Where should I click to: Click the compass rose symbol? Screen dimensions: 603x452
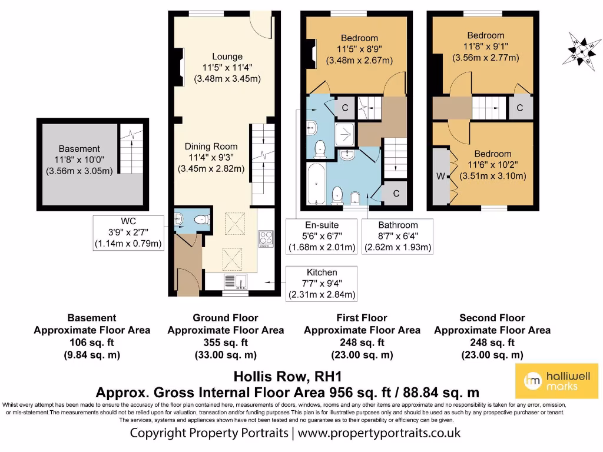tap(582, 52)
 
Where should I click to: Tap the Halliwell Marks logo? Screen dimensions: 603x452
tap(557, 381)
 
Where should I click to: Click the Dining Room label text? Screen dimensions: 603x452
tap(211, 147)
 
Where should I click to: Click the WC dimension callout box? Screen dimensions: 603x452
tap(128, 233)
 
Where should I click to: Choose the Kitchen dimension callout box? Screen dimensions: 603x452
tap(322, 284)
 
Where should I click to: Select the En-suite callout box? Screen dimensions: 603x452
tap(322, 237)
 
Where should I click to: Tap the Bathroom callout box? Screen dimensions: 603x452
tap(398, 237)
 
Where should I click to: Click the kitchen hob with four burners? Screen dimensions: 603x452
tap(266, 238)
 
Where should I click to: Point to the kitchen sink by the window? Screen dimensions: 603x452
tap(236, 282)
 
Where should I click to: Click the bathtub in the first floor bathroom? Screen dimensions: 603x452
tap(316, 184)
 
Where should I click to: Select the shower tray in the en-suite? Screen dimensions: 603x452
tap(344, 135)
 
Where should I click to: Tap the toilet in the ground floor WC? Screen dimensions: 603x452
tap(202, 220)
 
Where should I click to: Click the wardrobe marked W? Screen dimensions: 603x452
tap(441, 177)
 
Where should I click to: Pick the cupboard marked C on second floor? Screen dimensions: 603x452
tap(521, 108)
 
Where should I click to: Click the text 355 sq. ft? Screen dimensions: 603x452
tap(226, 343)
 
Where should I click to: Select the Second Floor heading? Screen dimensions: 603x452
tap(492, 318)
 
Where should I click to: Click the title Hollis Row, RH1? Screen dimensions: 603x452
tap(287, 376)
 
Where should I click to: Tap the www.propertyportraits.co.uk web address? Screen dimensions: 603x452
tap(379, 433)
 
